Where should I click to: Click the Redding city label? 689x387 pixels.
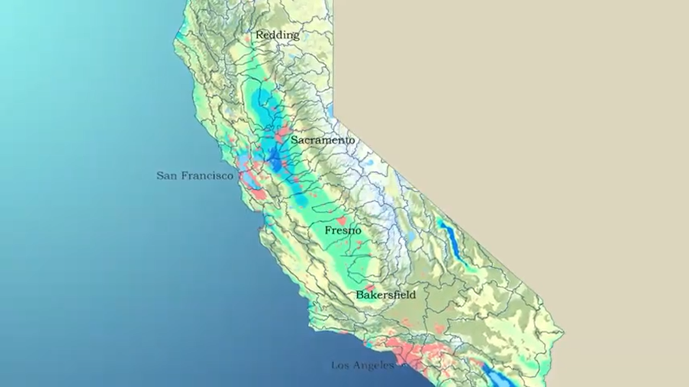pos(277,35)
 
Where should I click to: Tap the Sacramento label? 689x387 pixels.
pos(323,141)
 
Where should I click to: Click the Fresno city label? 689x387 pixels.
pos(343,231)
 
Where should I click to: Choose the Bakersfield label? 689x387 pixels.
pos(386,295)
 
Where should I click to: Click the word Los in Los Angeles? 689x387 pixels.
pos(340,365)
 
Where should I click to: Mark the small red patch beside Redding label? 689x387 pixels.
pos(248,38)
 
